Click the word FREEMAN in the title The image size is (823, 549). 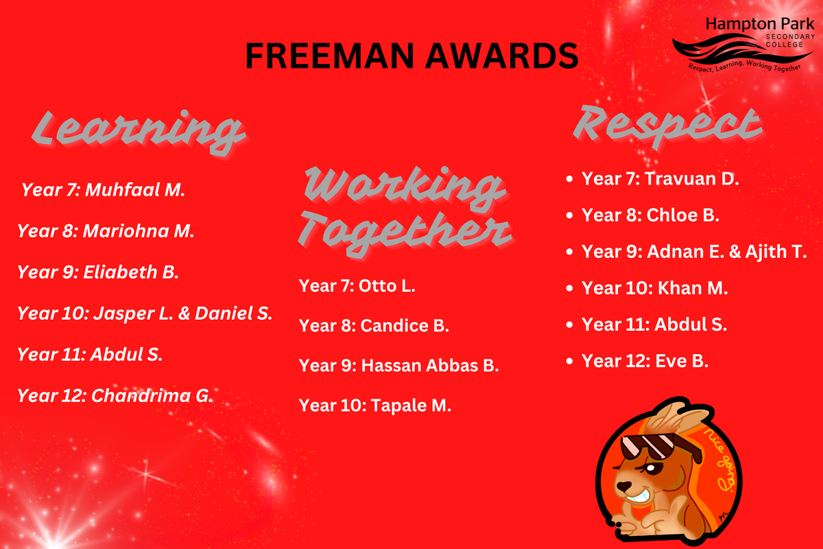pos(330,56)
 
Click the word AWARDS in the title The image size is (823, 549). pos(502,56)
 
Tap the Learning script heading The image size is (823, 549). pos(138,132)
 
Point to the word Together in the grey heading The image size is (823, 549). pos(405,233)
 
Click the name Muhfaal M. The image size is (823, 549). pos(135,189)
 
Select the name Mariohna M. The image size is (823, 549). pos(138,231)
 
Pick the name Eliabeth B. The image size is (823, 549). pos(131,272)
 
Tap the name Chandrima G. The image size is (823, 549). pos(152,396)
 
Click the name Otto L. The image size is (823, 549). pos(387,286)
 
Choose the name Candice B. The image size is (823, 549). pos(405,326)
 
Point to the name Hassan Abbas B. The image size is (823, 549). pos(430,366)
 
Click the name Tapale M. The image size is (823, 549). pos(411,406)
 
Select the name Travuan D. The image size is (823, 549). pos(692,179)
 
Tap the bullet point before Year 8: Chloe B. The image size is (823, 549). pos(569,215)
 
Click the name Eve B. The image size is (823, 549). pos(682,361)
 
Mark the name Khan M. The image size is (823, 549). pos(693,288)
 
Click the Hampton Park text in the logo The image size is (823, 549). pos(760,25)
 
